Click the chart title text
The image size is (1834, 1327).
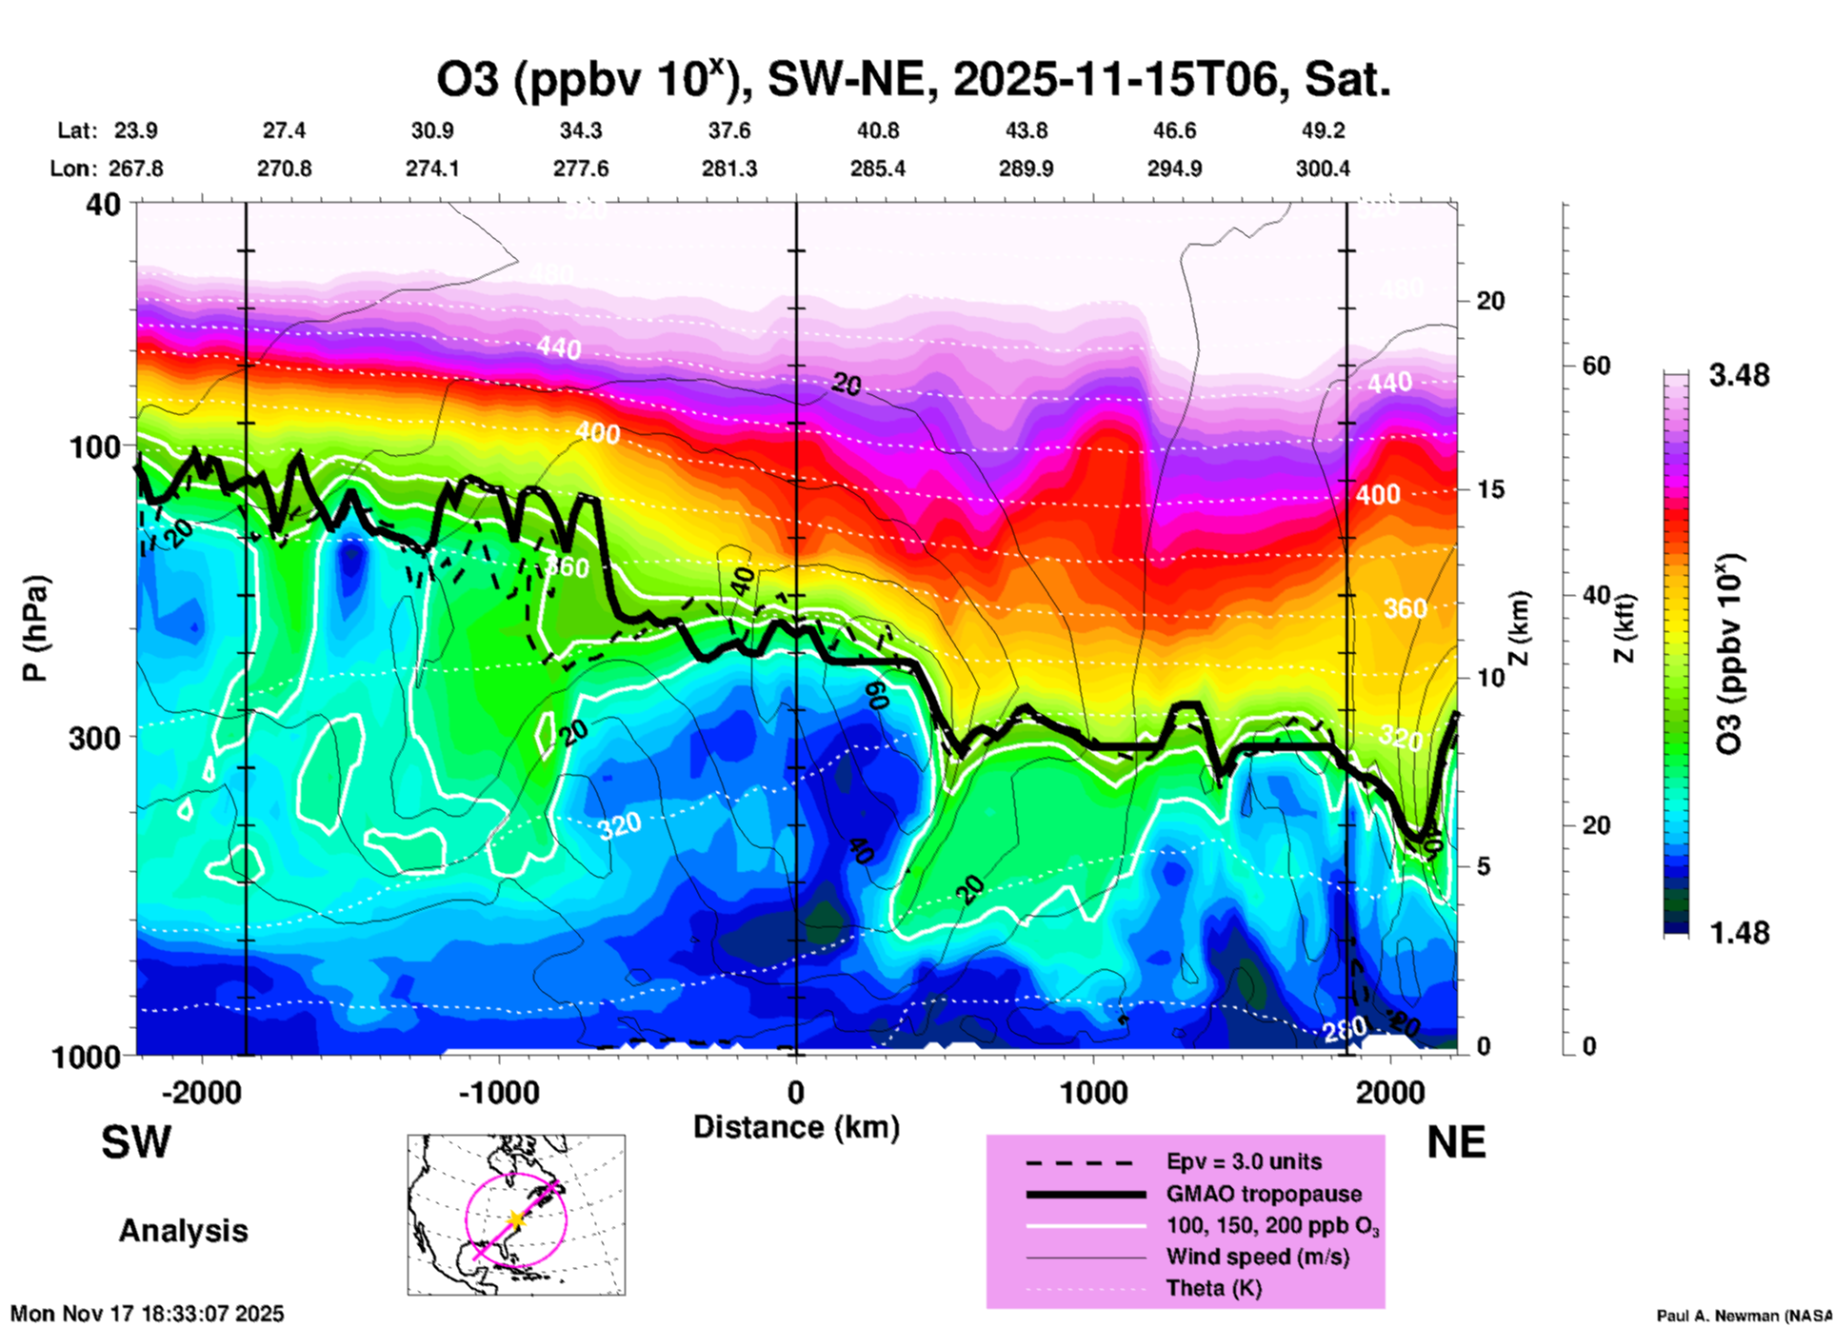pyautogui.click(x=912, y=79)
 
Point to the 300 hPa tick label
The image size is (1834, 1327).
pyautogui.click(x=95, y=738)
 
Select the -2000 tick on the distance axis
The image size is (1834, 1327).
pyautogui.click(x=202, y=1092)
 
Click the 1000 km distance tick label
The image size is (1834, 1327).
pyautogui.click(x=1093, y=1092)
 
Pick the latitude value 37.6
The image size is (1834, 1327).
pyautogui.click(x=729, y=130)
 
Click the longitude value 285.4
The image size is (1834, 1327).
pyautogui.click(x=878, y=168)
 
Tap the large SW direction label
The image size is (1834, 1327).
pyautogui.click(x=136, y=1142)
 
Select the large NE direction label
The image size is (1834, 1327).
pyautogui.click(x=1456, y=1142)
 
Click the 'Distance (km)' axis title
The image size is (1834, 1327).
pyautogui.click(x=796, y=1127)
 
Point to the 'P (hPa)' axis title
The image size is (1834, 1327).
pyautogui.click(x=35, y=628)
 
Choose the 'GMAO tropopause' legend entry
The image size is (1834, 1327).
pyautogui.click(x=1264, y=1194)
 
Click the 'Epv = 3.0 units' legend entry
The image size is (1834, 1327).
pyautogui.click(x=1244, y=1161)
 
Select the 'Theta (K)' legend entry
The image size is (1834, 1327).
pyautogui.click(x=1213, y=1288)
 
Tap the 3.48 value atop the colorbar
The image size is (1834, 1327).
pyautogui.click(x=1739, y=376)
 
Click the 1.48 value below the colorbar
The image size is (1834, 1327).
pyautogui.click(x=1739, y=933)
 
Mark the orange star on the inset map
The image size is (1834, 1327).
pyautogui.click(x=515, y=1218)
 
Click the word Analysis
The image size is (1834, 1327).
pyautogui.click(x=183, y=1231)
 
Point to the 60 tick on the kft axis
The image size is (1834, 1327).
pyautogui.click(x=1596, y=366)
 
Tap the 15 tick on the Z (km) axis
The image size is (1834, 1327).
pyautogui.click(x=1490, y=489)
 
